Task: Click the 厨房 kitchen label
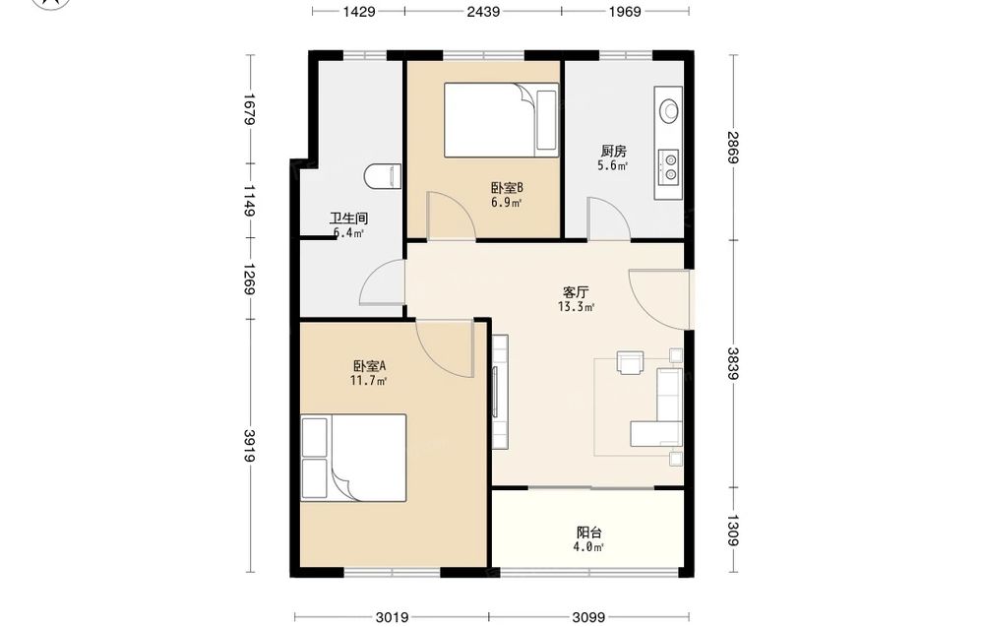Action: [613, 152]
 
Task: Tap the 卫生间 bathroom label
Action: [349, 219]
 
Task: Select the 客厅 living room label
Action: [576, 292]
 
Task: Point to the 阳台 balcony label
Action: [589, 533]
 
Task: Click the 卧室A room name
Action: [369, 366]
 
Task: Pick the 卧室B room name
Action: [507, 188]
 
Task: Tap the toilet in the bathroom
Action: [382, 176]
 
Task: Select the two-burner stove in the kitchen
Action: [668, 166]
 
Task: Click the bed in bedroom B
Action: [501, 120]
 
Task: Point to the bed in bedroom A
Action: [353, 458]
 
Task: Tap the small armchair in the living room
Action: [630, 363]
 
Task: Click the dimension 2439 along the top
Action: [483, 11]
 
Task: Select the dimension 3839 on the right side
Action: [734, 363]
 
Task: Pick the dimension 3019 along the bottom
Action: [393, 617]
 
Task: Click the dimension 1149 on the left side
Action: [249, 200]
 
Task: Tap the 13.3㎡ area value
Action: [576, 307]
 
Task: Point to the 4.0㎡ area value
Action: [588, 547]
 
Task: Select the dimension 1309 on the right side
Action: [734, 531]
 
